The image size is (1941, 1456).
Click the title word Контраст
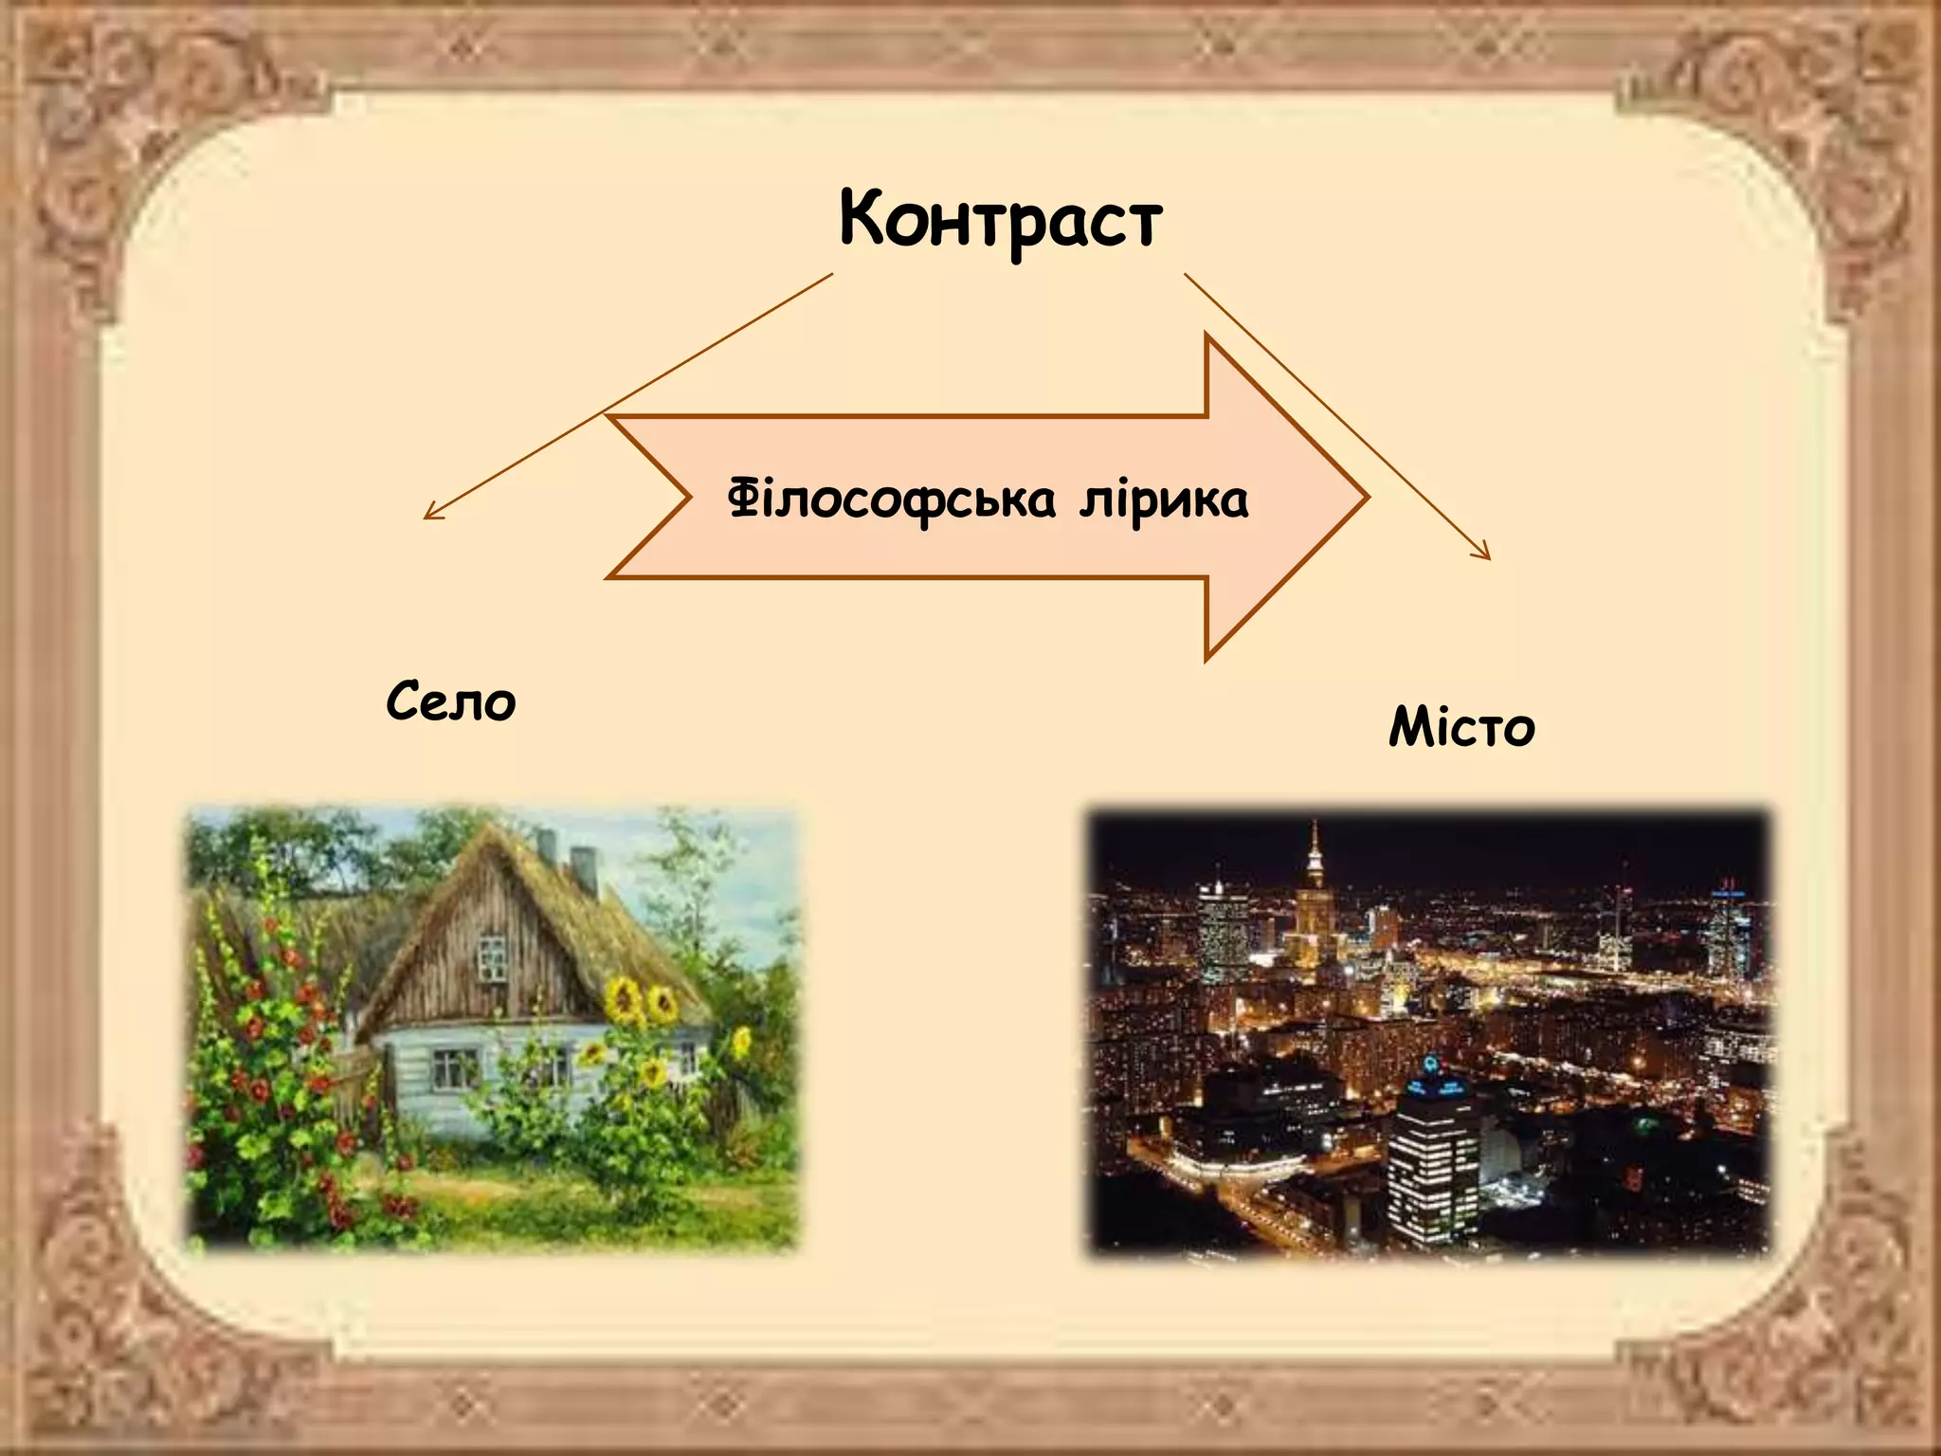[1000, 220]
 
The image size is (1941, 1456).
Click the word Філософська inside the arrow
[891, 500]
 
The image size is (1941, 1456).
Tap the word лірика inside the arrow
[1164, 500]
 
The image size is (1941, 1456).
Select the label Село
[451, 702]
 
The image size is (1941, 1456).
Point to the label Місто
[1461, 728]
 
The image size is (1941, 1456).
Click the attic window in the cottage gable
[492, 957]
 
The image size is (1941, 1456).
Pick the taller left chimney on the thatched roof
[547, 846]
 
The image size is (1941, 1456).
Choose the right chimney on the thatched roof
[584, 868]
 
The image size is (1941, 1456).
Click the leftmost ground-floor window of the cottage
[455, 1067]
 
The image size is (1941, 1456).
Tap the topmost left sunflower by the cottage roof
[625, 998]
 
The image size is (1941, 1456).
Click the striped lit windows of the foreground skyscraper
[1431, 1175]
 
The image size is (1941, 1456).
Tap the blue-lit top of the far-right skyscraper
[1728, 888]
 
